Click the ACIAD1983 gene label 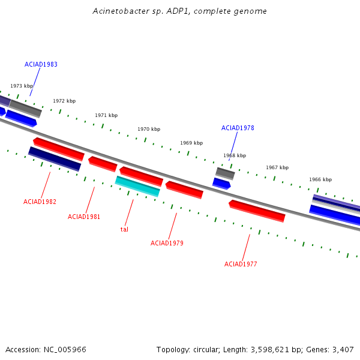point(41,64)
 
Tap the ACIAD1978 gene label point(238,128)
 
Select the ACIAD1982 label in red point(40,202)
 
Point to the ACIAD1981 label point(84,217)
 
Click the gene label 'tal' point(124,229)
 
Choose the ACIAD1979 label point(167,243)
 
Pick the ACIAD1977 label point(241,264)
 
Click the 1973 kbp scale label point(22,86)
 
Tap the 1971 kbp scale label point(106,115)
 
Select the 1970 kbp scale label point(149,129)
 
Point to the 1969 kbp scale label point(191,143)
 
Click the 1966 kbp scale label point(320,179)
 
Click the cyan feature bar point(137,187)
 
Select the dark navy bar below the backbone point(55,159)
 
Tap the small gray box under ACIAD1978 point(225,173)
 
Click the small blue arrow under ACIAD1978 point(221,184)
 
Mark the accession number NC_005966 point(65,350)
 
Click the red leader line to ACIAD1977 point(246,247)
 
